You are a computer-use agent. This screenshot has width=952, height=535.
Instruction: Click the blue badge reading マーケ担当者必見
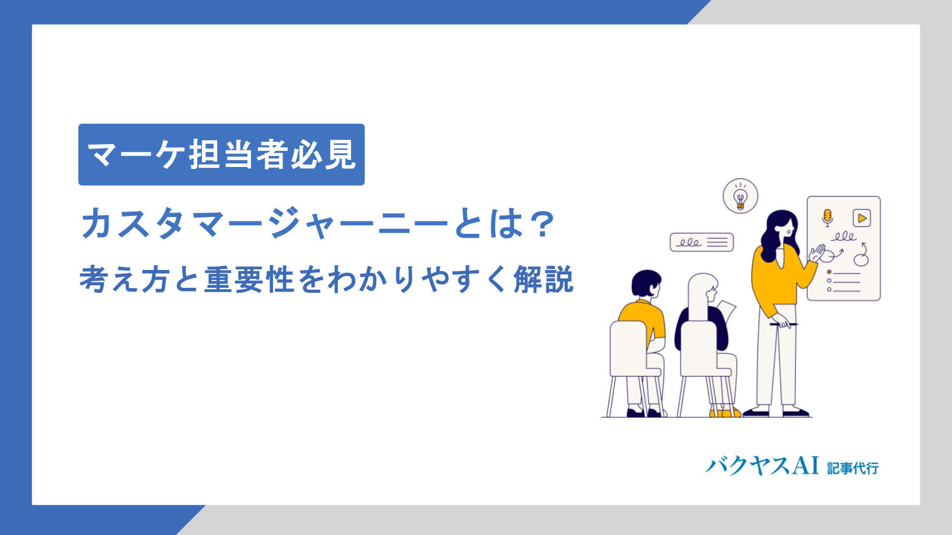click(221, 155)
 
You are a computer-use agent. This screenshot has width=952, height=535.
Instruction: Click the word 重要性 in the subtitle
click(250, 280)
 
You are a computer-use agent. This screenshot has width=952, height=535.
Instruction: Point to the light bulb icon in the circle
click(740, 197)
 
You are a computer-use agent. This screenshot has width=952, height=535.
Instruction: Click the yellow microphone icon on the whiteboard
click(827, 217)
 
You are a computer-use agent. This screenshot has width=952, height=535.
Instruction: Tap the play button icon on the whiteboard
click(862, 218)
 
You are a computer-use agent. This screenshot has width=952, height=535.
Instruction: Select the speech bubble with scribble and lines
click(702, 242)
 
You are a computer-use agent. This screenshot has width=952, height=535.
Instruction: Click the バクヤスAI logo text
click(762, 466)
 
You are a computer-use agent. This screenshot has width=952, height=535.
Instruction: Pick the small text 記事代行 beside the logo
click(853, 468)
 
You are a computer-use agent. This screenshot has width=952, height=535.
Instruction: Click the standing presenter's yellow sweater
click(776, 277)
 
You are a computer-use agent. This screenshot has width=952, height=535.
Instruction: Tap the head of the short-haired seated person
click(646, 283)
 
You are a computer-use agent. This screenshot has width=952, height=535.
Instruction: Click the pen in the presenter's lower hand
click(783, 324)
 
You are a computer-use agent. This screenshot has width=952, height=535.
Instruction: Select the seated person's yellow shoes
click(724, 413)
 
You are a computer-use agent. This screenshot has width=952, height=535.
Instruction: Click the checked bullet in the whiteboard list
click(829, 272)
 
